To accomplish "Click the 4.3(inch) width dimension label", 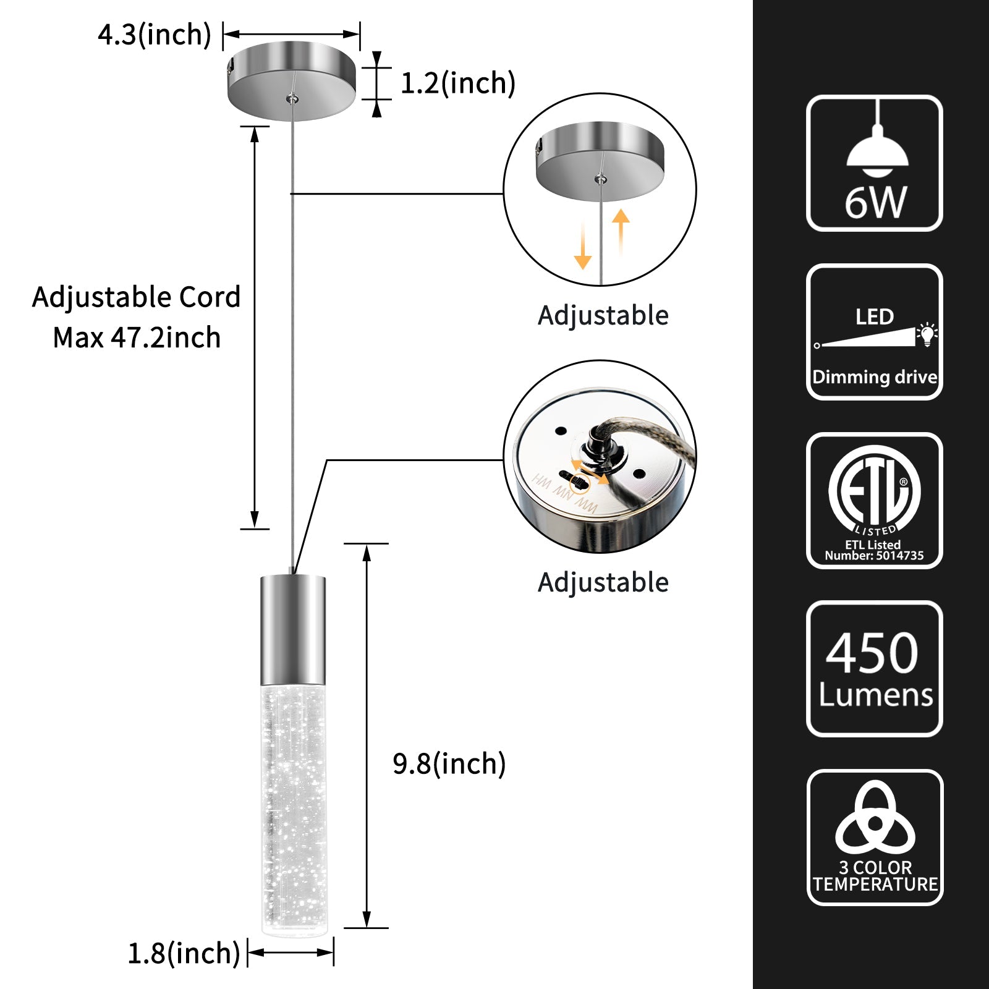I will point(155,35).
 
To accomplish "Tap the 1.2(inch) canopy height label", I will point(458,83).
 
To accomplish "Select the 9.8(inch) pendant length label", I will point(449,764).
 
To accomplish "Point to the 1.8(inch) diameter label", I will point(184,953).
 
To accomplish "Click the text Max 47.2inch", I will point(137,337).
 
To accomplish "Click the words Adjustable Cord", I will point(136,297).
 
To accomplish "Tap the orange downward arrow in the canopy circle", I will point(582,245).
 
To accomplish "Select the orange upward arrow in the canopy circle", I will point(621,231).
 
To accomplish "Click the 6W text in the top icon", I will point(875,202).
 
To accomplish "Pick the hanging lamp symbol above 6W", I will point(877,148).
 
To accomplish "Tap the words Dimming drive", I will point(874,377).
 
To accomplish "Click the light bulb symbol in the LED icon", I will point(927,334).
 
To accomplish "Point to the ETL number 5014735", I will point(900,556).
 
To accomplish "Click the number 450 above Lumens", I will point(872,653).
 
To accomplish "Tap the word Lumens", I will point(875,695).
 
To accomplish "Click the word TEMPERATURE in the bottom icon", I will point(875,885).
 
